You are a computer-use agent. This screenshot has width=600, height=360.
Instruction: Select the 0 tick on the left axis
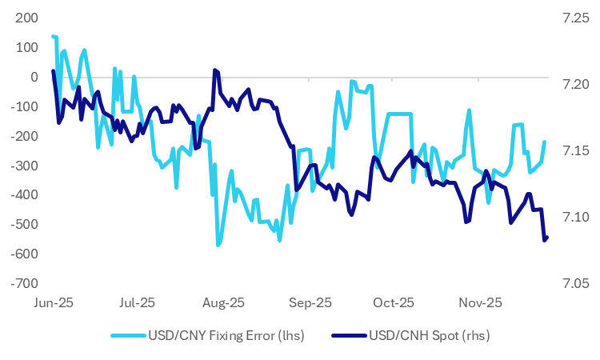(33, 77)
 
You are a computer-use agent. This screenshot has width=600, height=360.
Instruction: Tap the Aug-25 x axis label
(225, 303)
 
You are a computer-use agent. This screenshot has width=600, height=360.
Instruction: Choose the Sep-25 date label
(310, 303)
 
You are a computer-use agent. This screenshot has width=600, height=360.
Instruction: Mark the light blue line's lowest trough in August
(218, 245)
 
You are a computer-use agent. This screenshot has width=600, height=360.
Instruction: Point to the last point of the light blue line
(544, 142)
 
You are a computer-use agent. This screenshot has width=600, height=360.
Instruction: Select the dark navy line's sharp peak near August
(214, 70)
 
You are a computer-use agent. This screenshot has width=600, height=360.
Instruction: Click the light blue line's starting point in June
(52, 36)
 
